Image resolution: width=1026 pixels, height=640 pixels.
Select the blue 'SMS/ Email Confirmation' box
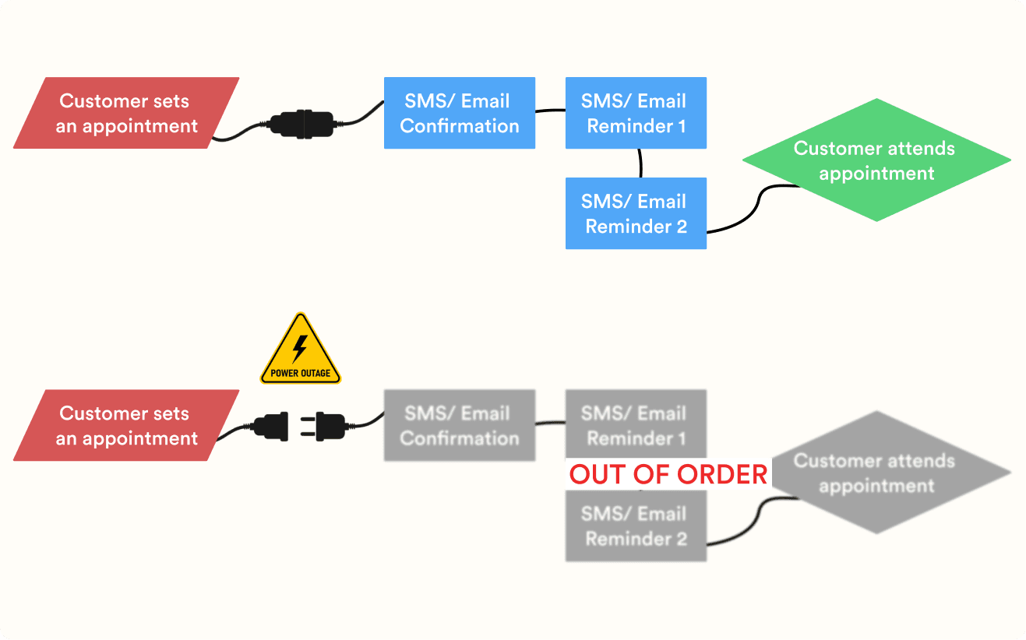click(x=459, y=113)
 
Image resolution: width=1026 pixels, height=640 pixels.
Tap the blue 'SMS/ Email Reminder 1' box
click(x=636, y=113)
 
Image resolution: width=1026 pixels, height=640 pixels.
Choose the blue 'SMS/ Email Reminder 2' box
click(x=636, y=213)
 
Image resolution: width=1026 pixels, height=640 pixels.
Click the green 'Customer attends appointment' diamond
click(x=876, y=160)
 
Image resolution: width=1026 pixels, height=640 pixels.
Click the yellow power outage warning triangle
click(x=301, y=351)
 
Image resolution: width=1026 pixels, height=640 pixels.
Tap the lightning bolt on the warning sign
click(x=300, y=348)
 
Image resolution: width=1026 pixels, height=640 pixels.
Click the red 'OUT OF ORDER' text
click(x=668, y=474)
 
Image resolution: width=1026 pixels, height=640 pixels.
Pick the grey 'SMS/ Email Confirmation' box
click(x=459, y=425)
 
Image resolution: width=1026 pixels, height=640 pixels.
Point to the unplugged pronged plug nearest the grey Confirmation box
click(x=330, y=427)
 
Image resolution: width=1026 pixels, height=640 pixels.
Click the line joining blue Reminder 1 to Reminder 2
click(x=640, y=163)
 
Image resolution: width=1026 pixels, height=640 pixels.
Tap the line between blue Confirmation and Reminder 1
click(x=550, y=111)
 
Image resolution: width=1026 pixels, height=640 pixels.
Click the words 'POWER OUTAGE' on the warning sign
click(x=301, y=373)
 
